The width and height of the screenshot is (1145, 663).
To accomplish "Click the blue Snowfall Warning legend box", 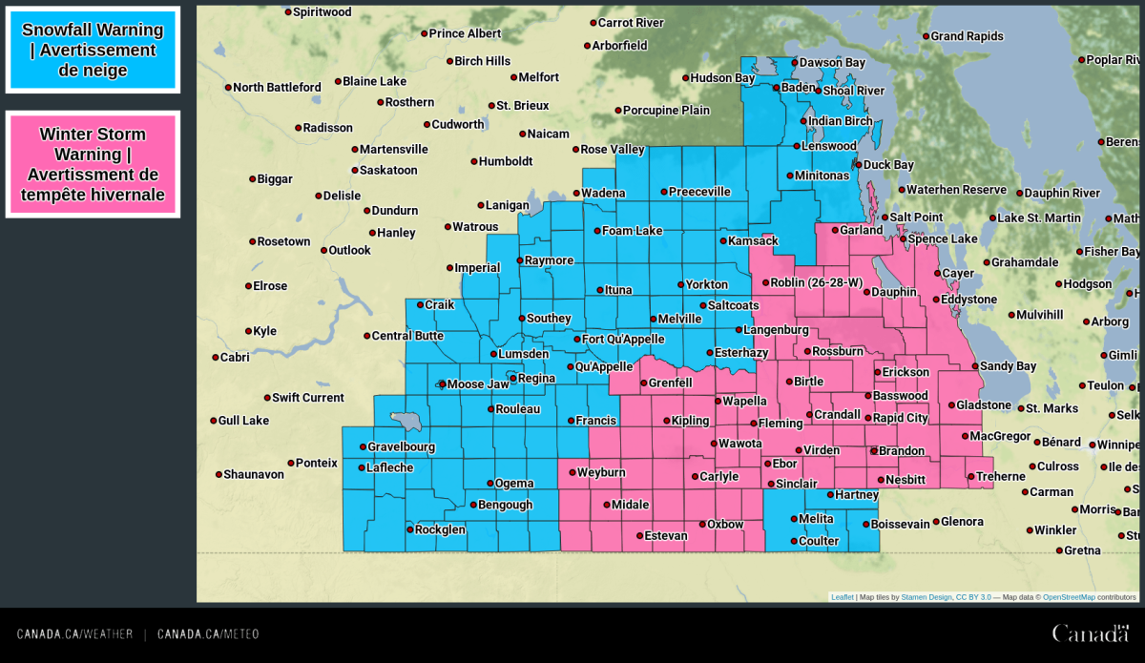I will pos(93,50).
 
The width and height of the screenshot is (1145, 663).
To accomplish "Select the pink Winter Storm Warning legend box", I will pos(93,164).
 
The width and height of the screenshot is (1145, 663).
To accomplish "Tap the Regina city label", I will pos(536,379).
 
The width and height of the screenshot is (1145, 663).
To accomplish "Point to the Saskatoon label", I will pos(388,171).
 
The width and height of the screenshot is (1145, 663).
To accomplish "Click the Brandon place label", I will pos(901,451).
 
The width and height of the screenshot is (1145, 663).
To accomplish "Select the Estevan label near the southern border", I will pos(665,536).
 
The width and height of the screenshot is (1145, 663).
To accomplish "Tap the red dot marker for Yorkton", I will pos(681,284).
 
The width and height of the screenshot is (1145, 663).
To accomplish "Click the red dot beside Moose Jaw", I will pos(442,384).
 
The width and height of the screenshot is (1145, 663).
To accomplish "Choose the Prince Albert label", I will pos(465,33).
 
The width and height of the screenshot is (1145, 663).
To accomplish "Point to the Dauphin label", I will pos(893,292).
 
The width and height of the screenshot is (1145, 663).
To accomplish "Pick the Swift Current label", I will pos(308,398).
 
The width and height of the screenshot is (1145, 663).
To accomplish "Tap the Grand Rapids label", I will pos(967,36).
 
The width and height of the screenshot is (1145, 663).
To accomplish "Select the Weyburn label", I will pos(601,473).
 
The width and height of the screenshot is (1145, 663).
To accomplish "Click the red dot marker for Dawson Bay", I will pos(794,63).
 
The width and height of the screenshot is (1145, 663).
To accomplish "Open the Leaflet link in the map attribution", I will pos(842,597).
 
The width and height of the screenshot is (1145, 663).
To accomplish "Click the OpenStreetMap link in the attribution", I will pos(1069,597).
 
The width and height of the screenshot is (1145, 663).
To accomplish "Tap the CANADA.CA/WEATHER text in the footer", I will pos(74,634).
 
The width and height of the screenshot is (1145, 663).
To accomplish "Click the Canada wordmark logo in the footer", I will pos(1090,633).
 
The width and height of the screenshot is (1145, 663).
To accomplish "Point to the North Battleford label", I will pos(277,88).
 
